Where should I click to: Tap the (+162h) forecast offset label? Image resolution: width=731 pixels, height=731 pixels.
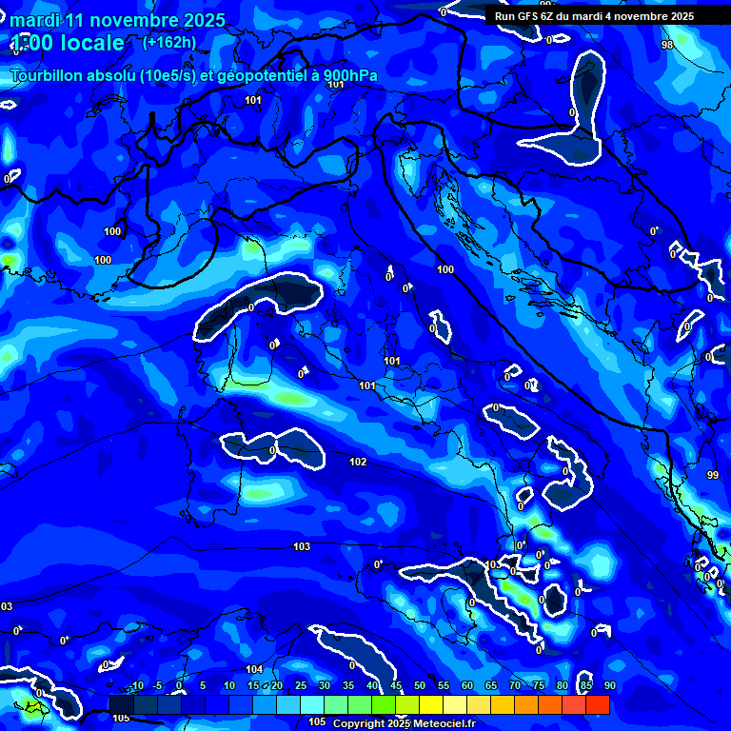pyautogui.click(x=170, y=42)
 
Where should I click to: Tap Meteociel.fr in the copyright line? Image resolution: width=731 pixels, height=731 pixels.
pyautogui.click(x=444, y=723)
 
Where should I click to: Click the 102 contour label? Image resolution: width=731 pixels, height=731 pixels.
pyautogui.click(x=358, y=463)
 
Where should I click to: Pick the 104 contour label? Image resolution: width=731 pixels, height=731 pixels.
pyautogui.click(x=254, y=670)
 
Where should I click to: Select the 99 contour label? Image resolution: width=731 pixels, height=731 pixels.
pyautogui.click(x=713, y=475)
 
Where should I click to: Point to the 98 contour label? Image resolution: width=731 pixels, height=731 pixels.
pyautogui.click(x=666, y=45)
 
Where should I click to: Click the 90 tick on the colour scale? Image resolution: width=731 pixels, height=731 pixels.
pyautogui.click(x=609, y=686)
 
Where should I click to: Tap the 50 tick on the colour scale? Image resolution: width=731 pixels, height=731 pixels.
pyautogui.click(x=420, y=686)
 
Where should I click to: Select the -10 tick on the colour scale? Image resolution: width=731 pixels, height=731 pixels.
pyautogui.click(x=137, y=686)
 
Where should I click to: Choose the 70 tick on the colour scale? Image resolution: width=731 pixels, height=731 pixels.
pyautogui.click(x=515, y=686)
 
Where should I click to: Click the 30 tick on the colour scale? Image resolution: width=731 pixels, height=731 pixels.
pyautogui.click(x=325, y=686)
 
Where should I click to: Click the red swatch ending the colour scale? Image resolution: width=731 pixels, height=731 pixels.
pyautogui.click(x=598, y=704)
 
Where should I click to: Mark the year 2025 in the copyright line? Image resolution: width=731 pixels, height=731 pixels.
pyautogui.click(x=399, y=723)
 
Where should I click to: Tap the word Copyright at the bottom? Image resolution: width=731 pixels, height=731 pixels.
pyautogui.click(x=359, y=723)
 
